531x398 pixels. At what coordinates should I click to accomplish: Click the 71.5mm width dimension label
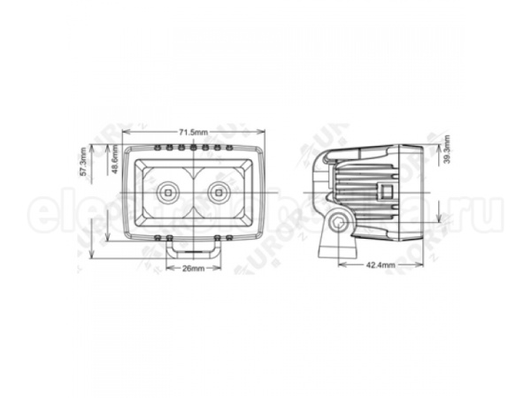click(193, 131)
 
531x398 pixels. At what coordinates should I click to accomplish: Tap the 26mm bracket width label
click(193, 267)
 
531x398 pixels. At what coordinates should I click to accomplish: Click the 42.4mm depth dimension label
click(378, 264)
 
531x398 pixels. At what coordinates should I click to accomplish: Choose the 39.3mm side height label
click(447, 149)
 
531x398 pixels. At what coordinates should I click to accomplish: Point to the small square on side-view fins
click(385, 190)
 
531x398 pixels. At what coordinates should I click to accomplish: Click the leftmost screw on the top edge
click(157, 146)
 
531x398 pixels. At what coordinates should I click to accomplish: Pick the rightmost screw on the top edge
click(229, 146)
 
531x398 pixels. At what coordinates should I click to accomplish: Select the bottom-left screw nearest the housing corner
click(157, 238)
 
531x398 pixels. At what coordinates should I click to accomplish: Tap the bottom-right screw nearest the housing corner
click(229, 238)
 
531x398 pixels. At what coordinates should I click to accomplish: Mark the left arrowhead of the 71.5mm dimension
click(124, 138)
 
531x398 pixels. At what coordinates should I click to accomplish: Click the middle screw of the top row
click(193, 146)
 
